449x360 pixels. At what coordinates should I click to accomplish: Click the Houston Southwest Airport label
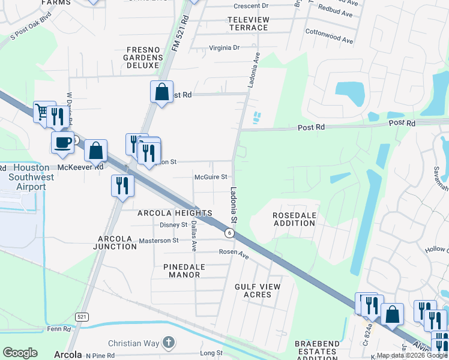(x=27, y=178)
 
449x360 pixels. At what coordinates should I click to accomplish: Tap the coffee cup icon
(x=62, y=143)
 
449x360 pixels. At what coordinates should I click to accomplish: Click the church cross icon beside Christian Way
(x=170, y=343)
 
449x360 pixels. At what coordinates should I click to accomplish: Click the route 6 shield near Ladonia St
(x=229, y=232)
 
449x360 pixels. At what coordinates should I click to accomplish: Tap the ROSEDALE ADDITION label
(x=294, y=219)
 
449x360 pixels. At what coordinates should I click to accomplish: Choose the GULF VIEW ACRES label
(x=258, y=290)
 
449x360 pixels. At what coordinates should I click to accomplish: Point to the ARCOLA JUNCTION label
(x=117, y=242)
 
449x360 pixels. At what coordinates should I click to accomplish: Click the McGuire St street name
(x=211, y=177)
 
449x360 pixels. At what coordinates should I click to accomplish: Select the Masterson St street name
(x=158, y=241)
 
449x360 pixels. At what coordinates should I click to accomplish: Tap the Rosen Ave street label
(x=234, y=254)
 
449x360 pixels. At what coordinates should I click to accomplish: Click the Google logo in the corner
(x=20, y=352)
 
